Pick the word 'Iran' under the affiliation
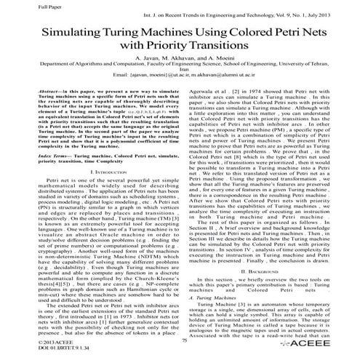click(180, 83)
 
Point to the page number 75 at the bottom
click(184, 340)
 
